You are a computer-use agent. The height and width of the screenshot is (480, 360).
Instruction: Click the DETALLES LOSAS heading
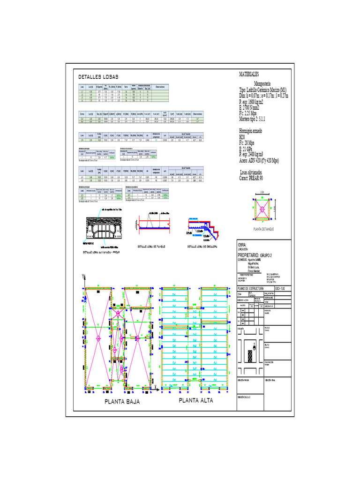[x=98, y=77]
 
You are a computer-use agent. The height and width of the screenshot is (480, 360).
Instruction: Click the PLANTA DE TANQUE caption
[x=263, y=229]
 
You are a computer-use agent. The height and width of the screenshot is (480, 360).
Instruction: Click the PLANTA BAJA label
[x=122, y=402]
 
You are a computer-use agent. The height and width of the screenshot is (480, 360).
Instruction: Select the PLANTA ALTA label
[x=196, y=400]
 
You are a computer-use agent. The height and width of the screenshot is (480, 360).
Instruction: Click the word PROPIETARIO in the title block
[x=252, y=255]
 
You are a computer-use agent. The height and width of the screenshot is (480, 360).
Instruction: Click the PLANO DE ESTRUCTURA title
[x=251, y=288]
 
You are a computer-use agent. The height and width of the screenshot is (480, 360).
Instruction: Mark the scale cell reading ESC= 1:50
[x=279, y=288]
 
